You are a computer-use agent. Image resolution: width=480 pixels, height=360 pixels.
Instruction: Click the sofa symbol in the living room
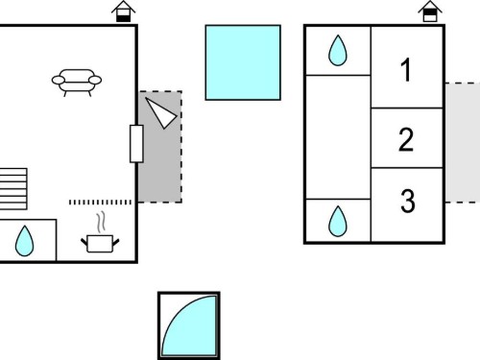coord(77,83)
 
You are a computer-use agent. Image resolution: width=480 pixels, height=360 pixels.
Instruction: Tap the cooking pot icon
coord(100,244)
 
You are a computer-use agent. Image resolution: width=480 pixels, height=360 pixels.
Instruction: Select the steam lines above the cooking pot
coord(101,222)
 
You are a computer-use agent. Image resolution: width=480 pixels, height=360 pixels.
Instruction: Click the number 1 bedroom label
coord(406,70)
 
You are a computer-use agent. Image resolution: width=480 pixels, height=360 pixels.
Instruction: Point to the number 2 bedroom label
coord(406,139)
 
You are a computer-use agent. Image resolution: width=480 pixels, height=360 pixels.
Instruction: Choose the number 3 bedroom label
coord(407,201)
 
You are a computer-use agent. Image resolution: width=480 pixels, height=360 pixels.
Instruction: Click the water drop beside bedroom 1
coord(338,51)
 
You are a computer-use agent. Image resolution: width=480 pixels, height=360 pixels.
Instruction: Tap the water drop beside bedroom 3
coord(338,222)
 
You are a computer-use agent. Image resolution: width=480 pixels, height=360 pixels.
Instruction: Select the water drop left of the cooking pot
coord(24,241)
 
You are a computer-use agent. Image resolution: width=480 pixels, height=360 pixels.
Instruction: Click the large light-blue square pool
coord(243,62)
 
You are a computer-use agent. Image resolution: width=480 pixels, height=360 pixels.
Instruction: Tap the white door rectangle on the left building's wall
coord(136,144)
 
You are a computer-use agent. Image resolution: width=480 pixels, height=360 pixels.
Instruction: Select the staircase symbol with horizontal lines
coord(13,189)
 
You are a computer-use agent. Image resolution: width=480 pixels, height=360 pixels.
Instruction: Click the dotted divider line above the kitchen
coord(100,203)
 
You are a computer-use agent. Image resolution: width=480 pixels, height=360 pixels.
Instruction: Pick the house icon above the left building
coord(124,12)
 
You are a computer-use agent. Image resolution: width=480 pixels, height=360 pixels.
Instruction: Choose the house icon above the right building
coord(430,12)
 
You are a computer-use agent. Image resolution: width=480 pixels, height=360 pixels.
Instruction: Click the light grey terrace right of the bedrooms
coord(463,143)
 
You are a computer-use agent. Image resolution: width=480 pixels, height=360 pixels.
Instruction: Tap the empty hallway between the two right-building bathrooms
coord(338,137)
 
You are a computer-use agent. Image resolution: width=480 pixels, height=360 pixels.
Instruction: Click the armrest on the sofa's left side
coord(59,80)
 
